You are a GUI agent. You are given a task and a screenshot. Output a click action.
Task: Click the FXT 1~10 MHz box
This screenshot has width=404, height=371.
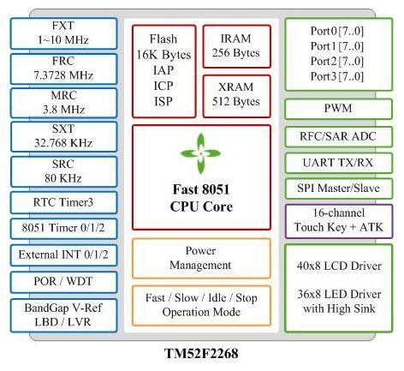click(63, 33)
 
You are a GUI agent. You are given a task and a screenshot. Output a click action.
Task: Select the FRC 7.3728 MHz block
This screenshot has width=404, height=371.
click(63, 69)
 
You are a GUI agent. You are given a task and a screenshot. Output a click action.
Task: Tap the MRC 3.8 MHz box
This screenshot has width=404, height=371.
click(63, 103)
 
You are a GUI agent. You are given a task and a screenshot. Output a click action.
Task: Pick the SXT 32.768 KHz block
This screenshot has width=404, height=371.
click(63, 136)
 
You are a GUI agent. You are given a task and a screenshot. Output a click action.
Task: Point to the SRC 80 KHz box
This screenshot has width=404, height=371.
click(63, 171)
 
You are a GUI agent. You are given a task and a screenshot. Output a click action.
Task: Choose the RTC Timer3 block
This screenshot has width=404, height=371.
click(63, 202)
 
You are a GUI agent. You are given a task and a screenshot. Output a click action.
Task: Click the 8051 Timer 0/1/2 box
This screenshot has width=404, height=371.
click(63, 229)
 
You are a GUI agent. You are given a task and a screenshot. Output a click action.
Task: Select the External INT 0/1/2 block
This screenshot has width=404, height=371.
click(63, 255)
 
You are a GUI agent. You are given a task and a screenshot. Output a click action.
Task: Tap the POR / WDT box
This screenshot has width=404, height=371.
click(63, 282)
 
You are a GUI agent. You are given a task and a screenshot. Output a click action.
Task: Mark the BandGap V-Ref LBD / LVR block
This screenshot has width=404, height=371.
click(63, 315)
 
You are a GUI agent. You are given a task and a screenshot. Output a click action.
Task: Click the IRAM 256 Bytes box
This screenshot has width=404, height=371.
click(236, 46)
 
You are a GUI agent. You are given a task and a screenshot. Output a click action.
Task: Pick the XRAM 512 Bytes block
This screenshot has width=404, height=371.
click(236, 96)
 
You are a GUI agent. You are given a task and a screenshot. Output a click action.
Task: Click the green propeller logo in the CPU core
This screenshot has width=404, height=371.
click(201, 153)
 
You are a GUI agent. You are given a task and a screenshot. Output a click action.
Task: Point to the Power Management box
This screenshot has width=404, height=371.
click(201, 258)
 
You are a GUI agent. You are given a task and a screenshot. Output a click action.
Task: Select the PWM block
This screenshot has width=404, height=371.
click(338, 109)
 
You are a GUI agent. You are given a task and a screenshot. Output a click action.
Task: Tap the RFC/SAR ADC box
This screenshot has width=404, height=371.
click(338, 136)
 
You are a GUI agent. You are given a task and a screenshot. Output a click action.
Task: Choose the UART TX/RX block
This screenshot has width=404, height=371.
click(338, 163)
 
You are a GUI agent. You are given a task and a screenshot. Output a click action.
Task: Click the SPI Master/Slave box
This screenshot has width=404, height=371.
click(338, 188)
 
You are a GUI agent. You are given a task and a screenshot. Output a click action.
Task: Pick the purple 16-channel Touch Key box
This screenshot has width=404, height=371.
click(338, 221)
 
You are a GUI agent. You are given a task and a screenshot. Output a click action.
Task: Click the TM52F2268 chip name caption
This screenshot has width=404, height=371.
click(201, 353)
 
